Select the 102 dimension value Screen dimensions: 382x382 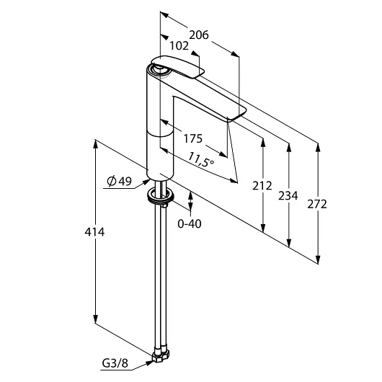(x=179, y=45)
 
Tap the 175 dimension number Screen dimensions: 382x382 (x=192, y=138)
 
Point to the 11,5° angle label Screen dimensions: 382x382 (x=202, y=159)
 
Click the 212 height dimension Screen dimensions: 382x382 (x=262, y=186)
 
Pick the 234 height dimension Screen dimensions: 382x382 (x=288, y=195)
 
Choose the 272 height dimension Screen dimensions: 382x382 (x=317, y=204)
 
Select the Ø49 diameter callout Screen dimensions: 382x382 (x=119, y=182)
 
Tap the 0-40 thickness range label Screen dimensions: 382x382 (x=190, y=223)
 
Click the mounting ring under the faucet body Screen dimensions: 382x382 (x=160, y=195)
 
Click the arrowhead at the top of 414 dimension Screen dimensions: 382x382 (x=95, y=143)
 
